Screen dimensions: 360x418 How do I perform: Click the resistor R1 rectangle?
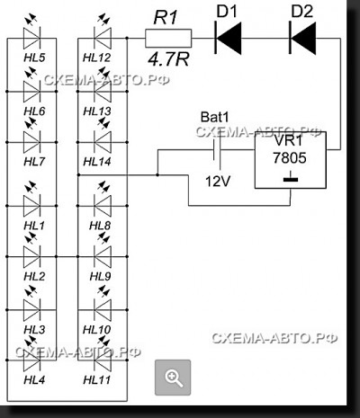click(x=168, y=39)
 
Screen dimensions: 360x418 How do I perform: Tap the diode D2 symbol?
click(x=302, y=38)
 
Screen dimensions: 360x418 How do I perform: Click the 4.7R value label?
click(x=168, y=59)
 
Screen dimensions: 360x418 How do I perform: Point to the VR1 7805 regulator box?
click(x=291, y=160)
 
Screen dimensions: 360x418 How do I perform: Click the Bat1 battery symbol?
click(x=217, y=150)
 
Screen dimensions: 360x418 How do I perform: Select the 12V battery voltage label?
click(x=218, y=182)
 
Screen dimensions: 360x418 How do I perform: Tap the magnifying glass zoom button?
click(x=173, y=378)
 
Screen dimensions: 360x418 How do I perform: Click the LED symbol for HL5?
click(x=31, y=39)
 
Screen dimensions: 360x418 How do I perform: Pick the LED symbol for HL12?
click(x=103, y=39)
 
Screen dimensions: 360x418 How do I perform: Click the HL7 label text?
click(x=34, y=162)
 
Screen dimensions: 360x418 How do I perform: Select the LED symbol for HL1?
click(x=31, y=206)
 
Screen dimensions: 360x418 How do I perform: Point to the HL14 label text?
click(x=97, y=162)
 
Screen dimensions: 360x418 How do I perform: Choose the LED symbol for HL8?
click(x=103, y=206)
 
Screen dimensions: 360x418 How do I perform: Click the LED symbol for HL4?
click(x=31, y=360)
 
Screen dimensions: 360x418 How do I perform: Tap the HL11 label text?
click(x=97, y=380)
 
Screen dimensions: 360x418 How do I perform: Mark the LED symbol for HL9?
click(x=103, y=257)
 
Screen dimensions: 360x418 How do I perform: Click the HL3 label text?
click(x=34, y=330)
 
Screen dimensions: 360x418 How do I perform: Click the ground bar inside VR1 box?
click(x=291, y=180)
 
